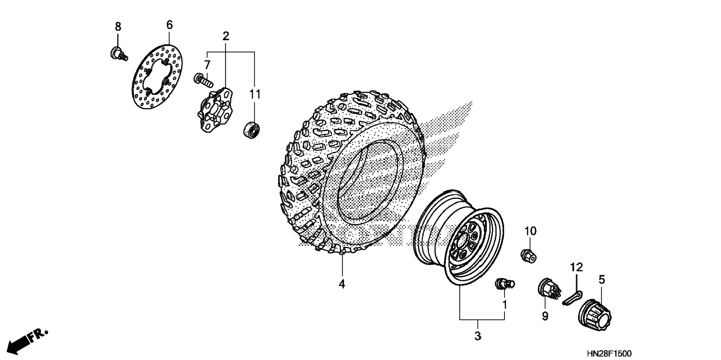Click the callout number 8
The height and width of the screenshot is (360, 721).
118,27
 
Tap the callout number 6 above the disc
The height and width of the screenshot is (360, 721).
169,25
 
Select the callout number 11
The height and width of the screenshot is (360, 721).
255,94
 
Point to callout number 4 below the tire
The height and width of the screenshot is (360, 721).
342,284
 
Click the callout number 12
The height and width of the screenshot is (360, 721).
576,267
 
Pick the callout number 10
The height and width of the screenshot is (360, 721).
530,231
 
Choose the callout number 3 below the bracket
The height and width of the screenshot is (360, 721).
478,336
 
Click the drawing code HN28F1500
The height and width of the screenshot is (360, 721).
609,353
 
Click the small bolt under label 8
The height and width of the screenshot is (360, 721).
119,53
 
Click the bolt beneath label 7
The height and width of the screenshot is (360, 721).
203,79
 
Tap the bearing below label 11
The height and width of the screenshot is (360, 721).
252,129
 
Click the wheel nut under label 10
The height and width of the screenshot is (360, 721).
529,256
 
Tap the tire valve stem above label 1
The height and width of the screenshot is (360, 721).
504,284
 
